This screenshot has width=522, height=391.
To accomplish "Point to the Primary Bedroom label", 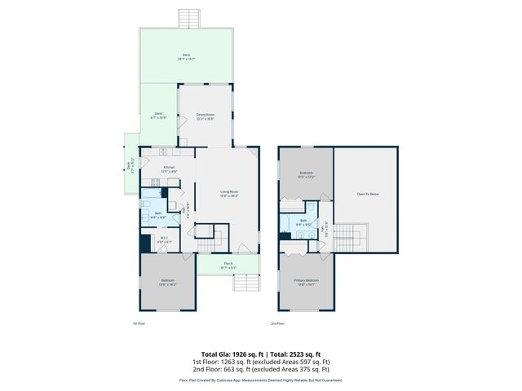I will tap(306, 282).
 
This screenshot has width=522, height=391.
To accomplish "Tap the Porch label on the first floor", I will tap(228, 264).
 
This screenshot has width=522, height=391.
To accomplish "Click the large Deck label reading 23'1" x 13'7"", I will tap(186, 56).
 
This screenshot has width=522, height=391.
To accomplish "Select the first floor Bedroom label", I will tap(167, 282).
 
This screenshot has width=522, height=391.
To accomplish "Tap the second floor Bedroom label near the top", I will tap(306, 174).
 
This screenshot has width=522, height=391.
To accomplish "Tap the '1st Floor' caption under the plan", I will tap(139, 323).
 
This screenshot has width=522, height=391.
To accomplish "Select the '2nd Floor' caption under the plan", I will tap(278, 323).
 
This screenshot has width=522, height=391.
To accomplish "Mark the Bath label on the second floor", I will tap(303, 220).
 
